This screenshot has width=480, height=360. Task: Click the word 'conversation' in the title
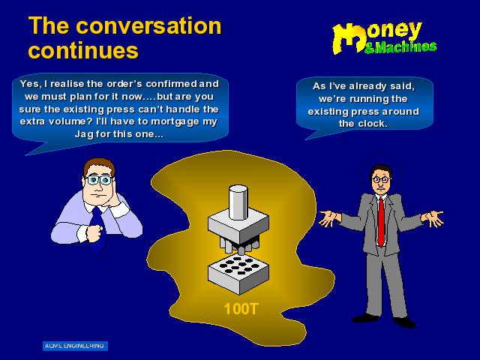148,25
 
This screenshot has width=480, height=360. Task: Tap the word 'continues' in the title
83,50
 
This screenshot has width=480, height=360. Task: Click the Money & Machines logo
384,38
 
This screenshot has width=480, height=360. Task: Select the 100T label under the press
241,309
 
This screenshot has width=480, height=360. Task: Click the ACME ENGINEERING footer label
75,346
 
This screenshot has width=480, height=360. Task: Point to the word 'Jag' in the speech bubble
84,135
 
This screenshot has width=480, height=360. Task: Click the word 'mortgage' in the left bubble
175,122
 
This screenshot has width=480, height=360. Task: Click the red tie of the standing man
380,221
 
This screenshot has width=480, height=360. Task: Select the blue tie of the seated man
97,229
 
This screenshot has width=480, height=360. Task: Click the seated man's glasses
98,180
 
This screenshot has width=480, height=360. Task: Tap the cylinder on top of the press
238,202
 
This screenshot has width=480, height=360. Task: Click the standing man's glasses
381,180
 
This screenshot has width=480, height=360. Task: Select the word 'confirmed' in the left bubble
172,84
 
